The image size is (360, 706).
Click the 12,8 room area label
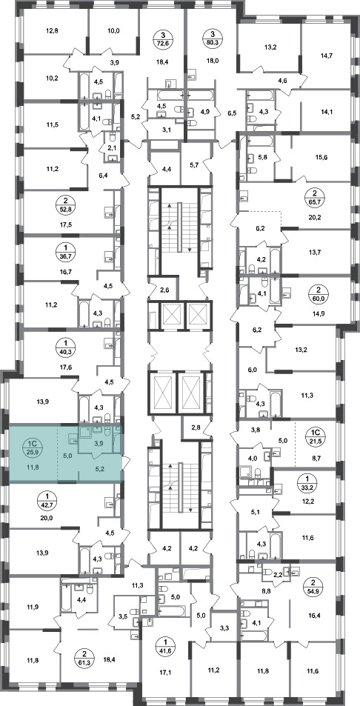(x=52, y=31)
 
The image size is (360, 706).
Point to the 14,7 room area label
(x=325, y=56)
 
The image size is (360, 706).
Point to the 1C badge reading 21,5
(x=315, y=436)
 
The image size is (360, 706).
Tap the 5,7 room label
(x=195, y=165)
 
